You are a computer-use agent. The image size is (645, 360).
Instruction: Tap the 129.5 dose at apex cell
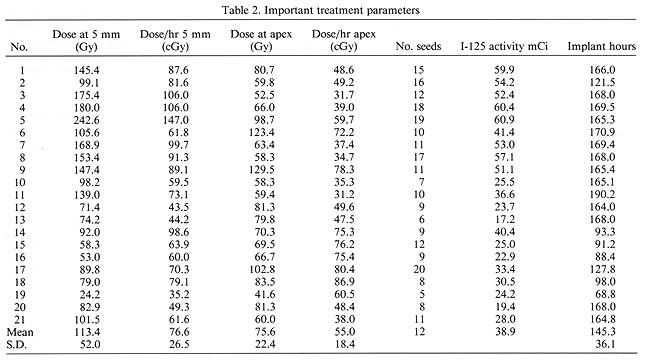pyautogui.click(x=259, y=170)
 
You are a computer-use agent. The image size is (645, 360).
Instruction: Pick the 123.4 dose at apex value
pyautogui.click(x=259, y=131)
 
